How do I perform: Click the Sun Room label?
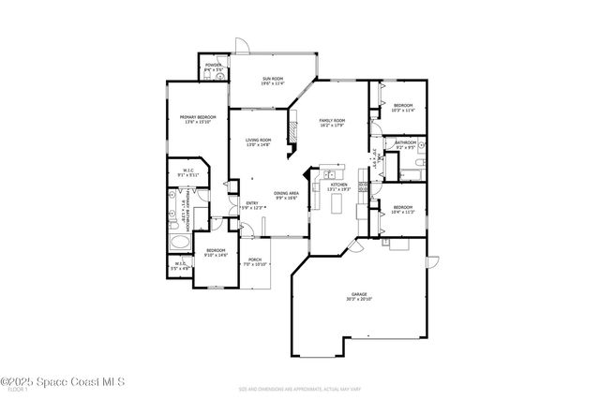coord(273,81)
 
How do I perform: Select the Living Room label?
coord(258,142)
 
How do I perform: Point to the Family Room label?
coord(333,123)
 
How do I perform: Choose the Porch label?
coord(255,262)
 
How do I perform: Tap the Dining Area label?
coord(287,196)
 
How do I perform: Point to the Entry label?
coord(252,205)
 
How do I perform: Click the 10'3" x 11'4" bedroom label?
coord(403,108)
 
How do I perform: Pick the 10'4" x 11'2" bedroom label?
coord(403,209)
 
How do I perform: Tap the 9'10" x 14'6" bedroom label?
coord(216,252)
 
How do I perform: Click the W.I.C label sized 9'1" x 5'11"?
coord(188,172)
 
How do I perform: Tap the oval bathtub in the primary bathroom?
coord(180,245)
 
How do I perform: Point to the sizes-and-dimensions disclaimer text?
coord(299,388)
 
